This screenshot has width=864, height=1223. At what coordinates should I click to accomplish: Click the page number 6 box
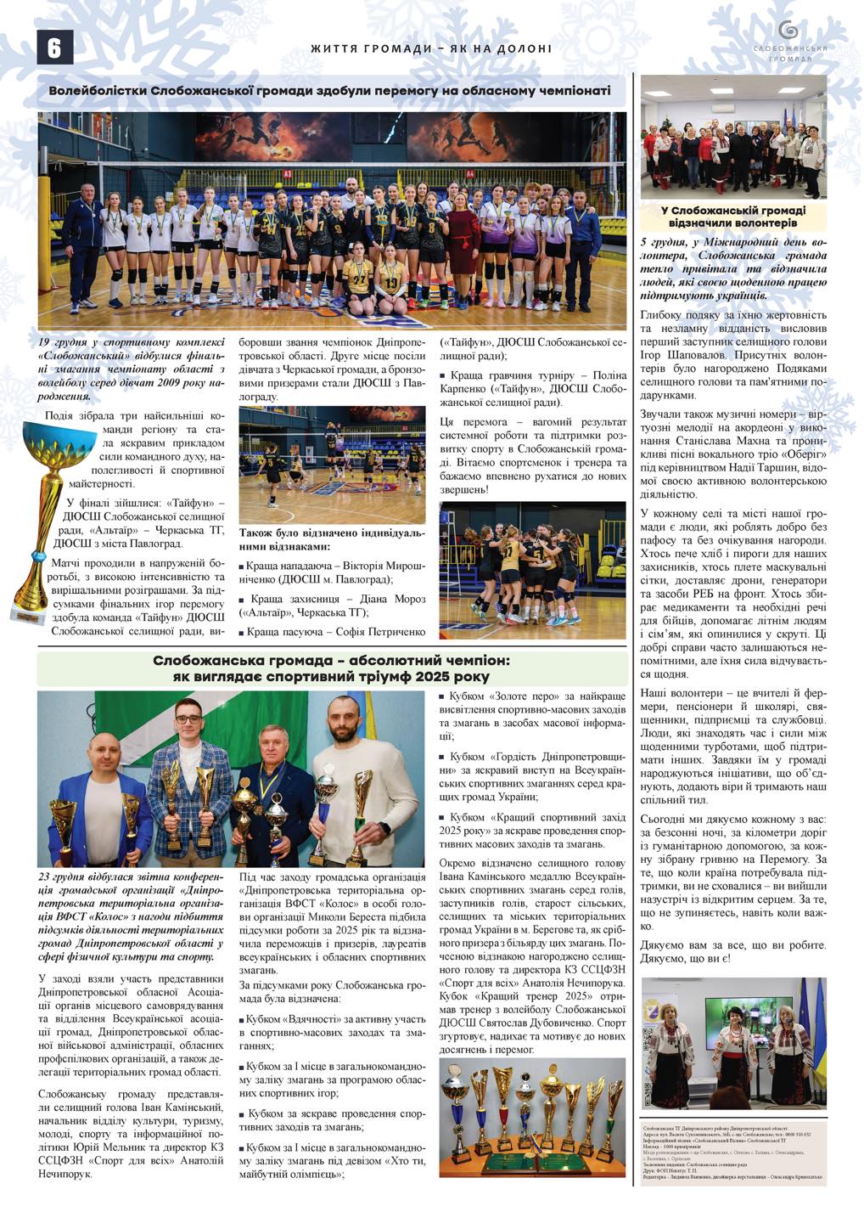pos(54,48)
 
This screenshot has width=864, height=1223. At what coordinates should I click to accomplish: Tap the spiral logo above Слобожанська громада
pos(788,31)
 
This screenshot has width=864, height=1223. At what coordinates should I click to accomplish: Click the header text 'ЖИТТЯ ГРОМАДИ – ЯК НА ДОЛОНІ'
pos(431,49)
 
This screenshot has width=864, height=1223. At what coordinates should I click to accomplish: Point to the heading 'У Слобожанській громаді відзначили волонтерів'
pos(733,217)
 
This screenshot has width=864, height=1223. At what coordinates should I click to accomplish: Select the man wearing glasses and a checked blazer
pos(190,773)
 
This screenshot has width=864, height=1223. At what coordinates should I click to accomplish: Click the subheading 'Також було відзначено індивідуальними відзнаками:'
pos(331,539)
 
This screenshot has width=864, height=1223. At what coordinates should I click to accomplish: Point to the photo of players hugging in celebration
pos(532,569)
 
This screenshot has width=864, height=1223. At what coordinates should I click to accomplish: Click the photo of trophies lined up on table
pos(532,1117)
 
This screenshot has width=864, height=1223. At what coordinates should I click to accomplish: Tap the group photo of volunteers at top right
pos(733,138)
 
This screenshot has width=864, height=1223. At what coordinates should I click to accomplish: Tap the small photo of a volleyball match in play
pos(332,465)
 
